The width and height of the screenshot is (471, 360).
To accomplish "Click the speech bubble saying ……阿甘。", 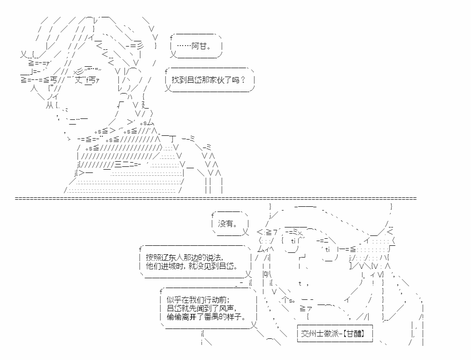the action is pyautogui.click(x=196, y=46).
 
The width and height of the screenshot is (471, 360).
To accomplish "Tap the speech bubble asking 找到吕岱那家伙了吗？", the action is pyautogui.click(x=209, y=80).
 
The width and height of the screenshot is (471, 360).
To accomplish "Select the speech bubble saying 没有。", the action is pyautogui.click(x=231, y=224).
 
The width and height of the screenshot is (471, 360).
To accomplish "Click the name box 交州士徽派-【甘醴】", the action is pyautogui.click(x=335, y=333).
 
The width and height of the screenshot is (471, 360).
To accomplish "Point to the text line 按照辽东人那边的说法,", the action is pyautogui.click(x=184, y=258).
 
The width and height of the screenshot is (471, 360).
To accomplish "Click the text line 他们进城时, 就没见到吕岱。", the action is pyautogui.click(x=192, y=266).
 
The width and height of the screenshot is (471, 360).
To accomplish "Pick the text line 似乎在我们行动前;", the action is pyautogui.click(x=198, y=300).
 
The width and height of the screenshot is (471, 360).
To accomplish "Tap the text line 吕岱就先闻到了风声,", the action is pyautogui.click(x=201, y=308).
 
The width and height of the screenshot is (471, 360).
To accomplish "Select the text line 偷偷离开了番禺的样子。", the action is pyautogui.click(x=206, y=317).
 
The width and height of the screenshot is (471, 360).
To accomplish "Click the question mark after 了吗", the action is pyautogui.click(x=243, y=80).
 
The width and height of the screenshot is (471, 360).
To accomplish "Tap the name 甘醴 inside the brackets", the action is pyautogui.click(x=355, y=333).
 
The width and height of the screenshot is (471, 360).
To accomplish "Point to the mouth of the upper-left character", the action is pyautogui.click(x=77, y=120).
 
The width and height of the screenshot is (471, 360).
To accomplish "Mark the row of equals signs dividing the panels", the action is pyautogui.click(x=216, y=198).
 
